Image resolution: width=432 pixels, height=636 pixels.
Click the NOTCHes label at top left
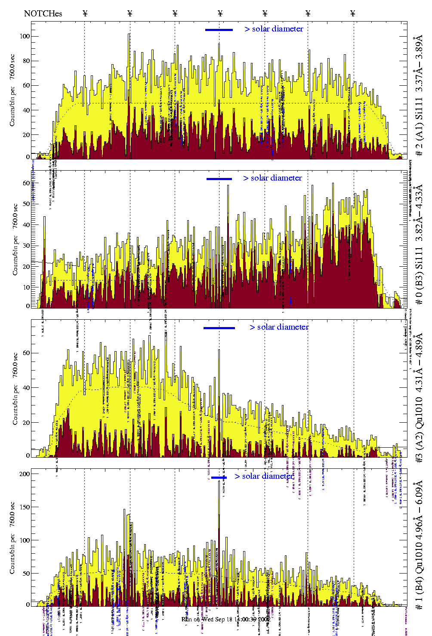43,13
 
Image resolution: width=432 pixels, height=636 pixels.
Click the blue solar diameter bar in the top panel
219,30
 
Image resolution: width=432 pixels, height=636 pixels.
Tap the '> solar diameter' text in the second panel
272,178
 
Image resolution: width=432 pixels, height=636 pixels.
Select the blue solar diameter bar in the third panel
219,328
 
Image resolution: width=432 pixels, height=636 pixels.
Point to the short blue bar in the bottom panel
219,477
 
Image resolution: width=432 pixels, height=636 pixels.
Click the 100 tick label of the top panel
25,36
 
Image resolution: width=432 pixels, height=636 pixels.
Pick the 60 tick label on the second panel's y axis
26,183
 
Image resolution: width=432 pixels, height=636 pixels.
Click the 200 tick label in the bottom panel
25,474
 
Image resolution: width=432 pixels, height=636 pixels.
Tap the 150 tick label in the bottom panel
25,507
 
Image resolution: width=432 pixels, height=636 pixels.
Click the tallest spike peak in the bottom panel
219,481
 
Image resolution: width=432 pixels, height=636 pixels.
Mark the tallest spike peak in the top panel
129,34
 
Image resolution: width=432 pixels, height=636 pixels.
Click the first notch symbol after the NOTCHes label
85,13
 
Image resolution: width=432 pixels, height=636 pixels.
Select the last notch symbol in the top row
353,13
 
